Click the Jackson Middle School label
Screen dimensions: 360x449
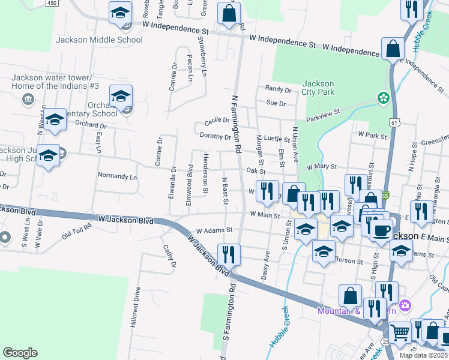(99, 40)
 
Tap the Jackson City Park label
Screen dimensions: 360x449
(318, 88)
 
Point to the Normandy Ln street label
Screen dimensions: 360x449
(117, 177)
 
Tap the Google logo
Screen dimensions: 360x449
(20, 353)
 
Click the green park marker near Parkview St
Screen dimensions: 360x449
(381, 97)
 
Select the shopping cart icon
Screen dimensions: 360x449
(400, 331)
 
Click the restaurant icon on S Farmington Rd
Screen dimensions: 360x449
(228, 253)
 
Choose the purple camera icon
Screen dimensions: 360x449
(405, 306)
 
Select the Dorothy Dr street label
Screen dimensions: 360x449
(215, 137)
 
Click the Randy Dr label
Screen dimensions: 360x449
(278, 89)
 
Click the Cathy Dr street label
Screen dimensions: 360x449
(169, 256)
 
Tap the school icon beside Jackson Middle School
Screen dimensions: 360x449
(120, 12)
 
